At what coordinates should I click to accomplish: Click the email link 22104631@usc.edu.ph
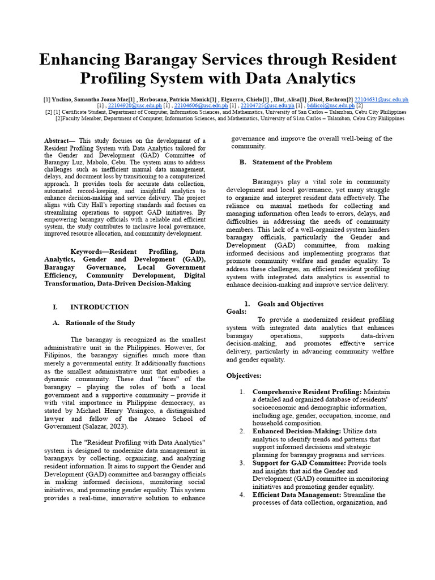tap(381, 100)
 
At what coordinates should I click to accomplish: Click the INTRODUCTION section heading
tap(99, 307)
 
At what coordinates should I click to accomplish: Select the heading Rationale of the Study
tap(100, 323)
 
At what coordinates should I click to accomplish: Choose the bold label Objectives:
tap(244, 376)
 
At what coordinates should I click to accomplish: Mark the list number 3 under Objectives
tap(242, 463)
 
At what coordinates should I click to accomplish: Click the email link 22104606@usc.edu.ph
tap(201, 105)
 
